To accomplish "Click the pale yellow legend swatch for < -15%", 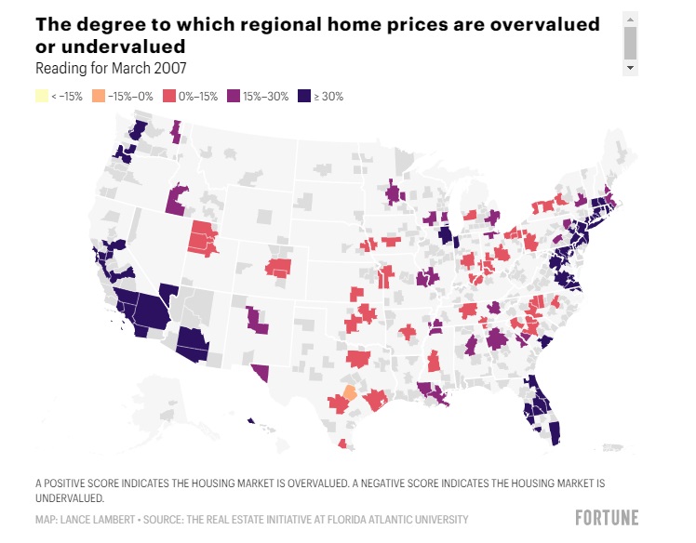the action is point(42,97).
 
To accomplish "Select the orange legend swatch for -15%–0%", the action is point(99,97).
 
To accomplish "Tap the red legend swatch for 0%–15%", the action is point(169,97).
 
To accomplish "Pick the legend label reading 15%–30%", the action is point(265,97).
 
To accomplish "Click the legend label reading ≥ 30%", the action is point(328,97).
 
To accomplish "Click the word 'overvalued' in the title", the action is point(544,24).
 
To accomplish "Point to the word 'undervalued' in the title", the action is point(123,46).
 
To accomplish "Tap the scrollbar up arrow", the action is point(630,20).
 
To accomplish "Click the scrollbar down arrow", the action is point(630,68).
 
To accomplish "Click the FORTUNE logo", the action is point(607,518).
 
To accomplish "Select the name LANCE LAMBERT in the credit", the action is point(97,520).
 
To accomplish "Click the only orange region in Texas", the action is point(350,392).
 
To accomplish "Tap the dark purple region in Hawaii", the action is point(251,420).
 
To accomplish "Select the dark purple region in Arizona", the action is point(193,344).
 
